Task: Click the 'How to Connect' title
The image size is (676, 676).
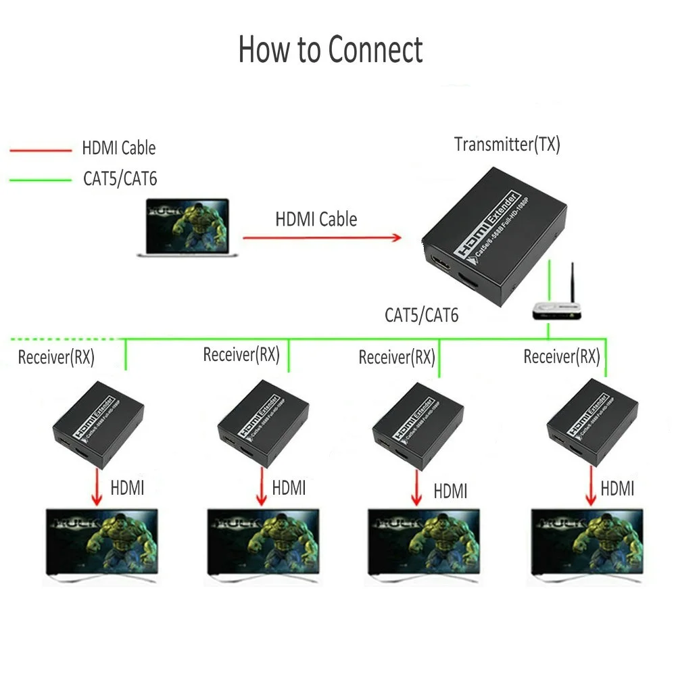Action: click(x=331, y=50)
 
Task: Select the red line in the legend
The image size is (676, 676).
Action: click(x=40, y=149)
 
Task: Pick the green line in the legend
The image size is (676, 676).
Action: click(x=40, y=180)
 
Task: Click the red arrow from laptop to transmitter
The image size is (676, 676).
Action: click(x=321, y=237)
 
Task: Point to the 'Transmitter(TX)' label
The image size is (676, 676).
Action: click(x=507, y=144)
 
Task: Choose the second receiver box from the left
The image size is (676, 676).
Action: click(x=263, y=424)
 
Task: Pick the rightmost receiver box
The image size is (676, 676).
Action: click(x=583, y=424)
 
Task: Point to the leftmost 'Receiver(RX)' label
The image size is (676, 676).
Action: click(x=56, y=357)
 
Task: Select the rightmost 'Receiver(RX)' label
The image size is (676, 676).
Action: click(x=562, y=356)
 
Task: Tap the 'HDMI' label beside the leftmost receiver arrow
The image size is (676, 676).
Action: click(x=127, y=487)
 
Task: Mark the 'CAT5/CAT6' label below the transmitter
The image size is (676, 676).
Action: click(x=421, y=314)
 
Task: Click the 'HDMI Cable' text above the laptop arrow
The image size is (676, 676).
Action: click(x=316, y=219)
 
